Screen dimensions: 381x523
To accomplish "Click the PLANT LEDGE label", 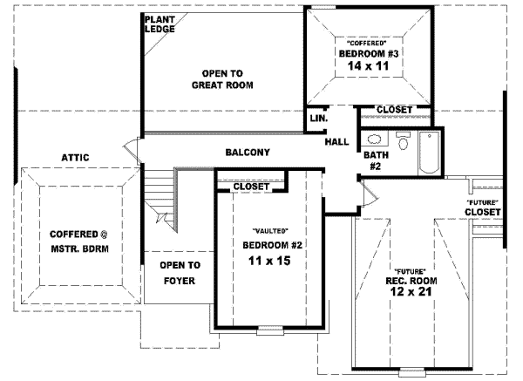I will [160, 24].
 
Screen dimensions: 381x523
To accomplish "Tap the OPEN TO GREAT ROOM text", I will [221, 78].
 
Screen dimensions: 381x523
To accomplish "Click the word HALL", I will [336, 142].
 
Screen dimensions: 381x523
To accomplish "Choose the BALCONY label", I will [248, 153].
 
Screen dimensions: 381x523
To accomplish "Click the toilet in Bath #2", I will [404, 141].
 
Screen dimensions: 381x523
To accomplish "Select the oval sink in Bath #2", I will [375, 139].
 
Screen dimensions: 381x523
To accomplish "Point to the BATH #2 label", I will [376, 160].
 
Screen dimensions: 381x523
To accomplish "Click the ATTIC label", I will [75, 158].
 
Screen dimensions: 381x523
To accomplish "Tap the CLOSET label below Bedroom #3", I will [394, 109].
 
